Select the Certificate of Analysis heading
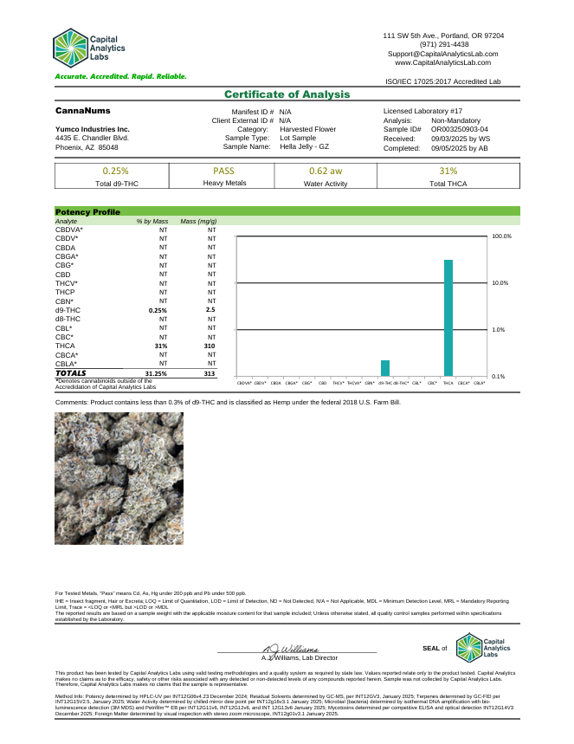pos(287,94)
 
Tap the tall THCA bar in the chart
pos(448,317)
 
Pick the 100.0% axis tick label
pos(502,236)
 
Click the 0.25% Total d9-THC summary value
pos(116,171)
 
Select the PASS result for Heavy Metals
pos(224,171)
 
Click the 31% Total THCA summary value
pos(448,171)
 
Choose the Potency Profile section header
pos(87,211)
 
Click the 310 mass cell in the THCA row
pos(209,346)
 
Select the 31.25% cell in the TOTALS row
pos(156,373)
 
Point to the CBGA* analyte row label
pos(67,256)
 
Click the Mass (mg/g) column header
pos(198,222)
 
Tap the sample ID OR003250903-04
pos(465,129)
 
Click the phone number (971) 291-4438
pos(443,44)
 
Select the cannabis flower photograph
pos(119,478)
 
